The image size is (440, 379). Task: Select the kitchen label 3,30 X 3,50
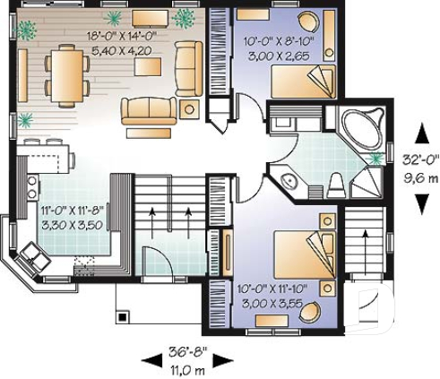tap(74, 222)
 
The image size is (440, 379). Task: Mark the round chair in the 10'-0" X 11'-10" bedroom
tap(311, 313)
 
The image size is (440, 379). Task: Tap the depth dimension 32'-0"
tap(419, 161)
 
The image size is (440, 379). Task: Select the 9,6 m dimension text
tap(419, 177)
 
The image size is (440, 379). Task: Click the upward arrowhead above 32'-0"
tap(418, 127)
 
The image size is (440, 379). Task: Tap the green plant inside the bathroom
tap(375, 159)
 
